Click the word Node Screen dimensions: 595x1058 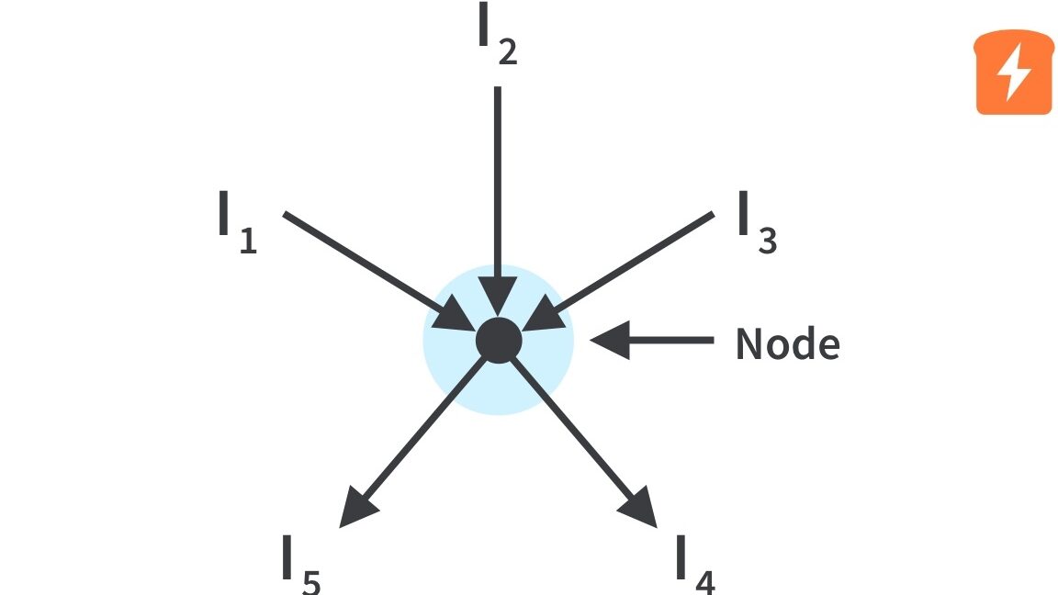coord(787,344)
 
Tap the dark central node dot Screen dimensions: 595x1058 coord(499,341)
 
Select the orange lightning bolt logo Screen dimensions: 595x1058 coord(1013,73)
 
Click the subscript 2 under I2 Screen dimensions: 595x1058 coord(507,52)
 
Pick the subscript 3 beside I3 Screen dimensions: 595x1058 coord(768,240)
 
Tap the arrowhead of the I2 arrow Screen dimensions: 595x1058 coord(498,299)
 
